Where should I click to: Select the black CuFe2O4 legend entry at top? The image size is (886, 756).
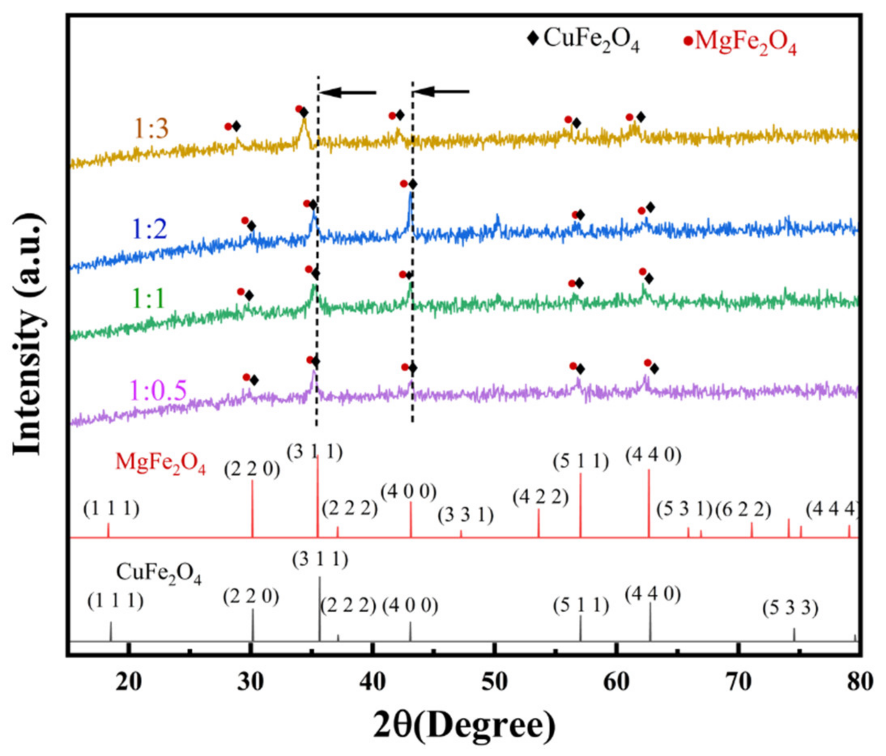pyautogui.click(x=584, y=41)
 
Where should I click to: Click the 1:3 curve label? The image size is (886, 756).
pyautogui.click(x=151, y=129)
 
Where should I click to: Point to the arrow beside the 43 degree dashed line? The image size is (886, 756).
pyautogui.click(x=441, y=91)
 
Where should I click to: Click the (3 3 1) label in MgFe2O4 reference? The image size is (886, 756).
pyautogui.click(x=465, y=516)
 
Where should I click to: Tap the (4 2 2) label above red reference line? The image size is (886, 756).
pyautogui.click(x=541, y=497)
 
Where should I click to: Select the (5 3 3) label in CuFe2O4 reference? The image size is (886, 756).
pyautogui.click(x=790, y=609)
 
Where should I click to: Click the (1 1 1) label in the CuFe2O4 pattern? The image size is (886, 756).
pyautogui.click(x=115, y=601)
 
